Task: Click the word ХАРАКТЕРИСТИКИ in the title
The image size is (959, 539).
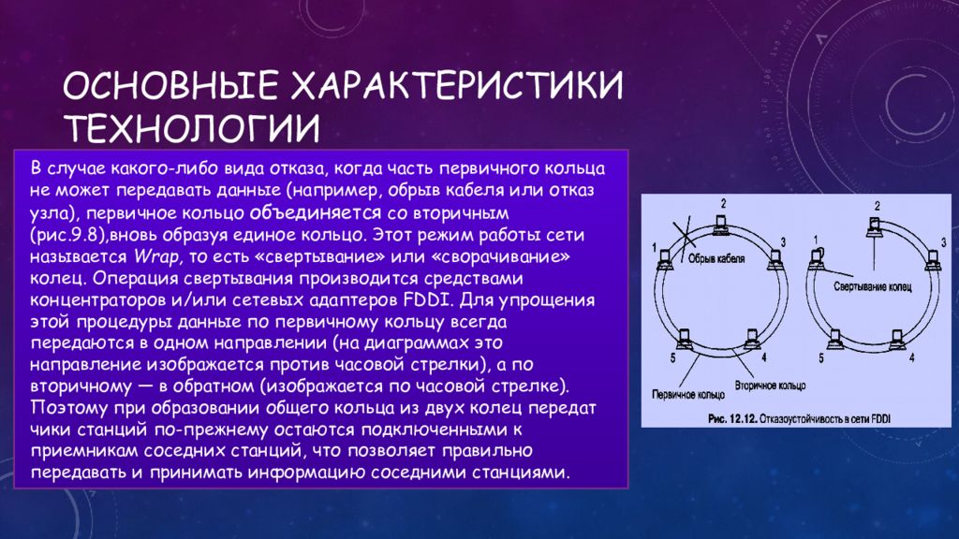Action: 456,85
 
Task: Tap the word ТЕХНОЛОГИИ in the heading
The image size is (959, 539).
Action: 192,127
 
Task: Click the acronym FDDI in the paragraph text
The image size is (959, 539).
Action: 427,300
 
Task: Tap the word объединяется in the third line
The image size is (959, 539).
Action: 316,213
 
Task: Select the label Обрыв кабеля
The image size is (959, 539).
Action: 716,258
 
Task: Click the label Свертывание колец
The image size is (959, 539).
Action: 872,286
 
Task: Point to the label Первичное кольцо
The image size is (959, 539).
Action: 688,395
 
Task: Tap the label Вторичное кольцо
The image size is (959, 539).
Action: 770,386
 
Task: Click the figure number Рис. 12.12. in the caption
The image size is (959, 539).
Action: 732,418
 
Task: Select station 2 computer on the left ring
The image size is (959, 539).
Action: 722,225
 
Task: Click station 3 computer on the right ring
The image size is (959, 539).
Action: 933,260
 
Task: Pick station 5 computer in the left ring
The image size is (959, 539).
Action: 683,339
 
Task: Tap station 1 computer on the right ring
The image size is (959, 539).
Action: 817,258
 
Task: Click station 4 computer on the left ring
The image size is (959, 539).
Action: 752,338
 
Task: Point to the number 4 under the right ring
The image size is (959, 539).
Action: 912,357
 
